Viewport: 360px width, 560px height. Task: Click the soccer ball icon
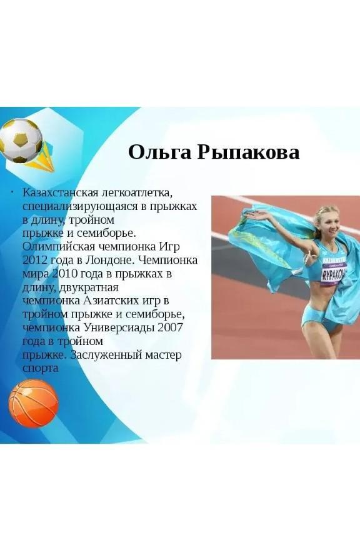coord(21,141)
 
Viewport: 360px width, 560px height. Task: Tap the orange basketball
coord(33,404)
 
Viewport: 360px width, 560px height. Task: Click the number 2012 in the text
coord(34,260)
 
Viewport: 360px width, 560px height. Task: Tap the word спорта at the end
coord(41,369)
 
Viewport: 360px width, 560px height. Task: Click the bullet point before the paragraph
coord(12,193)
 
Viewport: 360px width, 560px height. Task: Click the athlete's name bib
coord(334,273)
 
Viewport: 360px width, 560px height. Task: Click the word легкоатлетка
coord(137,193)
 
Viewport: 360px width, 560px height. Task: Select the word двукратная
coord(88,287)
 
